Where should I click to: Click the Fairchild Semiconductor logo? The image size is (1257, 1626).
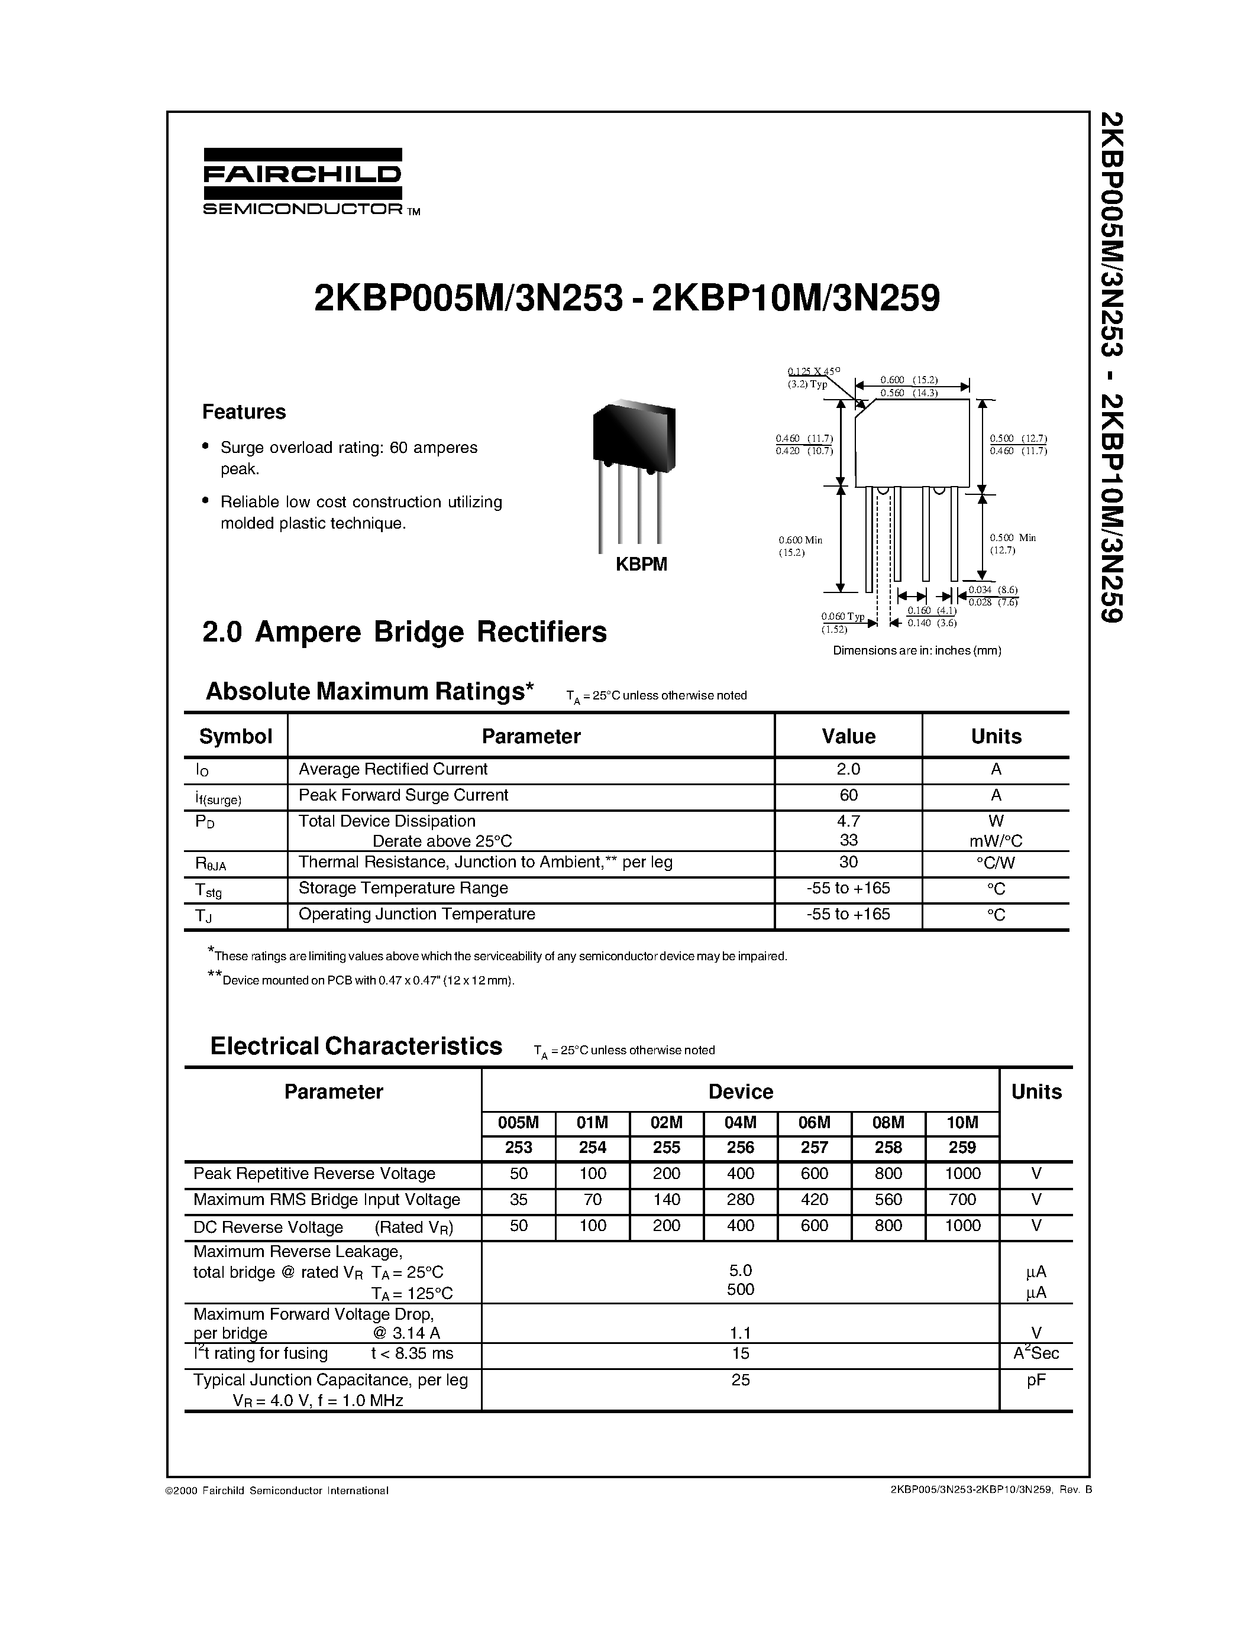click(302, 181)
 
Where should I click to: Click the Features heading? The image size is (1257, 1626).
click(244, 412)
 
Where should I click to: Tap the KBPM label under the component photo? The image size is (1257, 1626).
click(641, 564)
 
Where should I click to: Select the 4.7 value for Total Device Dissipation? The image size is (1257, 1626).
click(848, 821)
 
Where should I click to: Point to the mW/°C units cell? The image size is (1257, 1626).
click(996, 841)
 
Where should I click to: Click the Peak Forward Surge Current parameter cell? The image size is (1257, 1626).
click(403, 795)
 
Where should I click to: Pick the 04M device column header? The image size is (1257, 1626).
click(740, 1123)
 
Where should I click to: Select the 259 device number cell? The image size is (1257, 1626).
click(962, 1147)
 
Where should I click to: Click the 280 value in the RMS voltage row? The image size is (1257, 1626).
click(740, 1200)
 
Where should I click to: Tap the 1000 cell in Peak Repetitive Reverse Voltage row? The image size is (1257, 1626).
click(962, 1173)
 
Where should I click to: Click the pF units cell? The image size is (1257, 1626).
click(1036, 1379)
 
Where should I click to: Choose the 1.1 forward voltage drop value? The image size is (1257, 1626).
click(740, 1332)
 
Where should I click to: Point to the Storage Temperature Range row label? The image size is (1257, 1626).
click(403, 888)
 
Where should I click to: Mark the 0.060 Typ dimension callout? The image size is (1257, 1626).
click(842, 617)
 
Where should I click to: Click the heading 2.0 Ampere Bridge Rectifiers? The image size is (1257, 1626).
click(405, 632)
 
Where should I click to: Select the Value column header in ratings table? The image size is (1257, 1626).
click(848, 736)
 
